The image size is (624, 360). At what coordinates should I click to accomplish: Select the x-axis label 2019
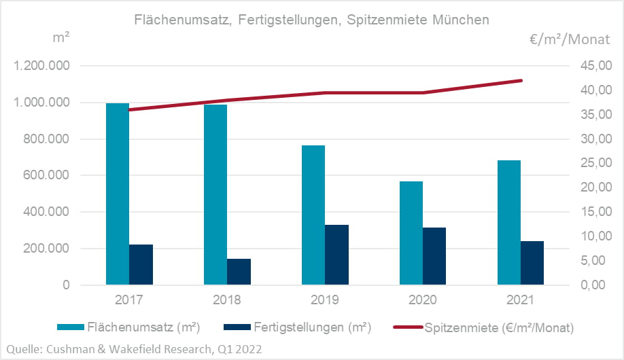coord(325,300)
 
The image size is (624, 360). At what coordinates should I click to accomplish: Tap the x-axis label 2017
coord(129,300)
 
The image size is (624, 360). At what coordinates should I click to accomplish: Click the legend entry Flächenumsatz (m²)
coord(143,328)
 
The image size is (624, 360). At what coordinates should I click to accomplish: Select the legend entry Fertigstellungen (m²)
coord(313,328)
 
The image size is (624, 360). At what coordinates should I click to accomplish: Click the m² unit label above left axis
coord(60,38)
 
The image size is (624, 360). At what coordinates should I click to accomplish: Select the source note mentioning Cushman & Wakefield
coord(133,348)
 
